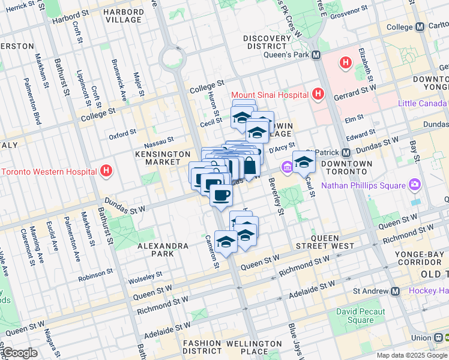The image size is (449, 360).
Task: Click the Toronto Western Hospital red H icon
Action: pos(106,172)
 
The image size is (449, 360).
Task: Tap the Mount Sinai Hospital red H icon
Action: pos(318,95)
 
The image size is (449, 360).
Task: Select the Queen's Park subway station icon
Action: pos(316,55)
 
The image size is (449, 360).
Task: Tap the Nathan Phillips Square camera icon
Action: pos(414,184)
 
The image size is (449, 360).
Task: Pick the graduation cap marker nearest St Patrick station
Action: pos(304,162)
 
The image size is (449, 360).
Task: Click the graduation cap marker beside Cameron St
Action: pos(226,242)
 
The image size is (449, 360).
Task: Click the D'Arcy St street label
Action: pos(282,147)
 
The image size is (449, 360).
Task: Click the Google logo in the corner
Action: pos(19,353)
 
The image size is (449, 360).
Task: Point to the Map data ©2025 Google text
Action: pos(411,355)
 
